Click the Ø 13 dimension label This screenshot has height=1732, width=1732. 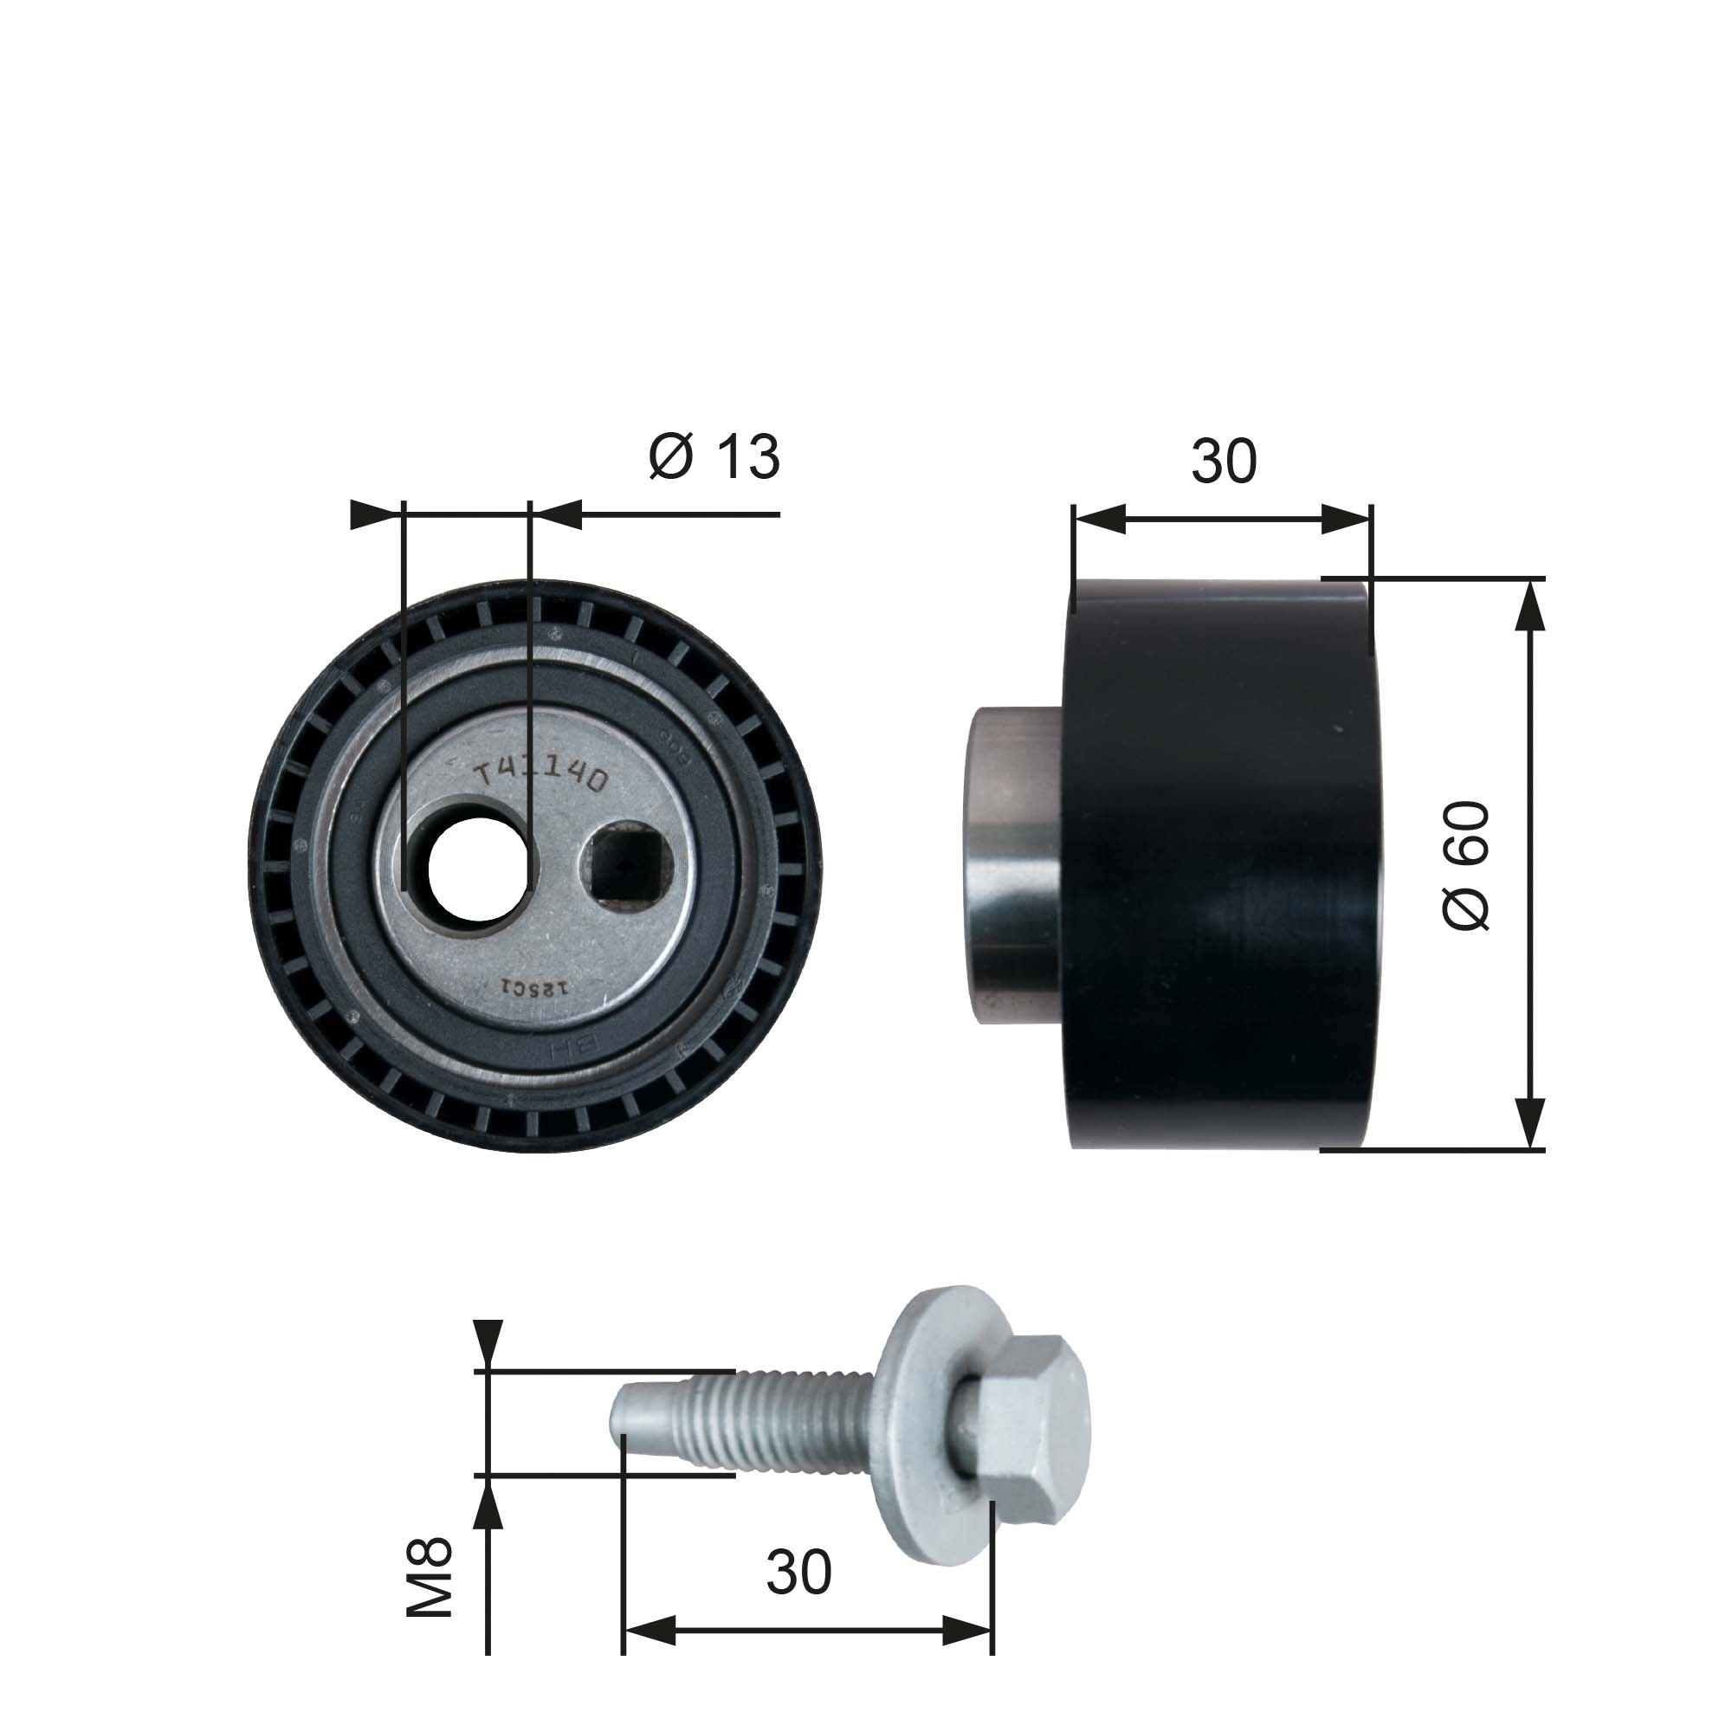click(714, 457)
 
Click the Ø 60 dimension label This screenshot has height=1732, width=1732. click(1468, 865)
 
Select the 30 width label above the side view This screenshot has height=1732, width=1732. click(1224, 462)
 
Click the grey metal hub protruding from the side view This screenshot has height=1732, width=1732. click(1018, 863)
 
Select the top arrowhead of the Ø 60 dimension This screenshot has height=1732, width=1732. click(1532, 605)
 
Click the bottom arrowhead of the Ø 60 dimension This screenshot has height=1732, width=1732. click(1532, 1123)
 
